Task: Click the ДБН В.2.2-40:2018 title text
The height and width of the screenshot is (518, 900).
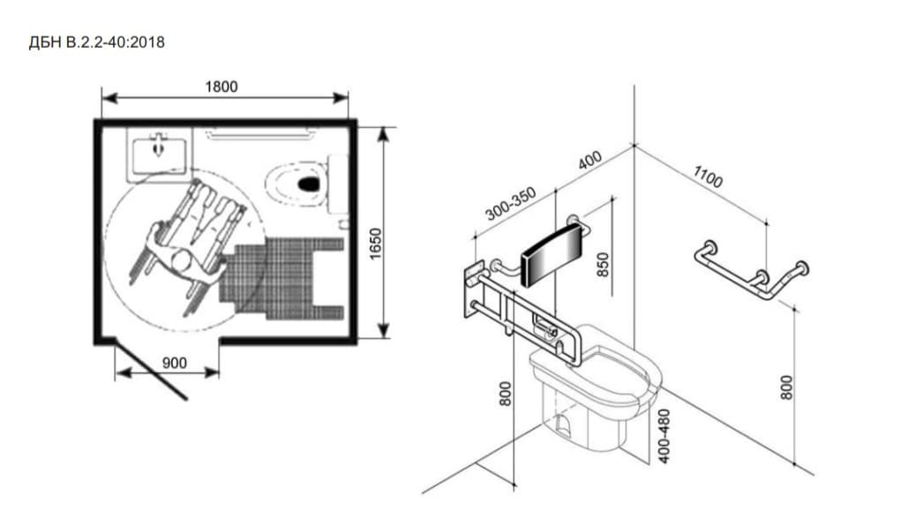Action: click(96, 42)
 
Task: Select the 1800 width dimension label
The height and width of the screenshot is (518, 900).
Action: click(221, 86)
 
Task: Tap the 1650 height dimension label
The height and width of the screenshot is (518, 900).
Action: click(375, 244)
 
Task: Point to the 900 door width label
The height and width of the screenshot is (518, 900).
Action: click(174, 363)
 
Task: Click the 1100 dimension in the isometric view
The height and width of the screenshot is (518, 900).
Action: click(708, 176)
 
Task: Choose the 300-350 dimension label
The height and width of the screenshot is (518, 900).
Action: click(510, 204)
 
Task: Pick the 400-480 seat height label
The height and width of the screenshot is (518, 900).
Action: click(664, 436)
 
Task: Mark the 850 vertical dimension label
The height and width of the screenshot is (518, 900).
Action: click(603, 265)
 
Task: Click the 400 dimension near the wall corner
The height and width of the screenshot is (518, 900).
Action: click(589, 161)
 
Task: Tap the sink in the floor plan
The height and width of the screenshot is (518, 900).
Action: click(159, 151)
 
